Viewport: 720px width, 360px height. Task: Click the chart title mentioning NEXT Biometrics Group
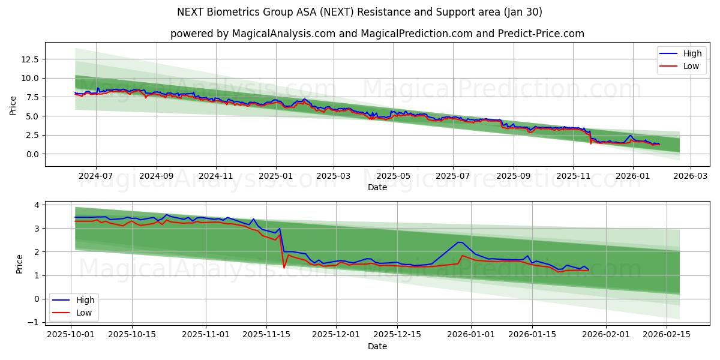click(x=360, y=12)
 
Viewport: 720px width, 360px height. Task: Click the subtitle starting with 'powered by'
click(x=377, y=34)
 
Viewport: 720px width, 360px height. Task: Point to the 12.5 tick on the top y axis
click(x=30, y=59)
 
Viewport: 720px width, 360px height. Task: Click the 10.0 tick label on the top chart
click(x=30, y=78)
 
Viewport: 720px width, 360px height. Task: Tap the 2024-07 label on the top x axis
click(x=97, y=176)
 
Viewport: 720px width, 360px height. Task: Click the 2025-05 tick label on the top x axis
click(x=393, y=176)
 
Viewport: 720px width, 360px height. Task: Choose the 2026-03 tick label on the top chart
click(x=690, y=176)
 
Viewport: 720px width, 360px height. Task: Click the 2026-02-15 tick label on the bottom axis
click(x=667, y=335)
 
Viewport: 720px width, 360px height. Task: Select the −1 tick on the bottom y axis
click(x=35, y=322)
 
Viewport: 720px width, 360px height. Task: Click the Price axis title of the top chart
click(x=13, y=106)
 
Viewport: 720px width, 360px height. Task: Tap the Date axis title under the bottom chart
click(x=377, y=346)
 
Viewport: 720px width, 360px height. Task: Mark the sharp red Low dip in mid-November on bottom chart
click(x=284, y=268)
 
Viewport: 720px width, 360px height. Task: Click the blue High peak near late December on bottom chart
click(x=460, y=242)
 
